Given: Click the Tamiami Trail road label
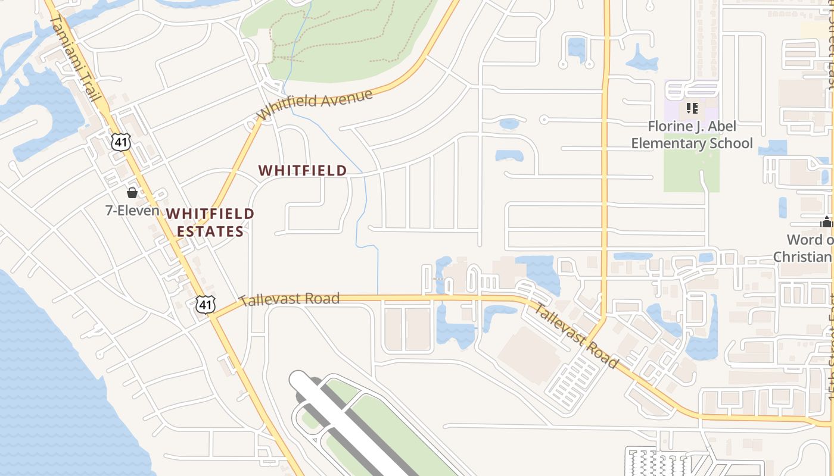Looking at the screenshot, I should click(74, 58).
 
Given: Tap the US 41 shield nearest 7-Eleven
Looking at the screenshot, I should click(120, 142).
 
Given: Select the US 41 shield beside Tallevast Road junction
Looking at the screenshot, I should click(205, 305).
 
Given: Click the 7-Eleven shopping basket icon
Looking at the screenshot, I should click(132, 193).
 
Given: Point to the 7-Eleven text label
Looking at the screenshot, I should click(132, 210).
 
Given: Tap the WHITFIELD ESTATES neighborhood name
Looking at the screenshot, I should click(210, 222).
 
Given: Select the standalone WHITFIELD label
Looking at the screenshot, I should click(303, 170).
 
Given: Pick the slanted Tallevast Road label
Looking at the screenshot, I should click(574, 336).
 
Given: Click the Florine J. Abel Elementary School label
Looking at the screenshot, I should click(692, 134).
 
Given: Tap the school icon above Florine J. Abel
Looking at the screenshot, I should click(692, 108).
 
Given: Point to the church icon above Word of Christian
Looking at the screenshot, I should click(826, 223).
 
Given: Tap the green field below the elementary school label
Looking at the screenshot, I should click(691, 173).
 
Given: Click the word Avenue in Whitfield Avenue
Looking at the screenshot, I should click(344, 98).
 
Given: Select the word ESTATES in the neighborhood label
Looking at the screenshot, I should click(210, 231).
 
